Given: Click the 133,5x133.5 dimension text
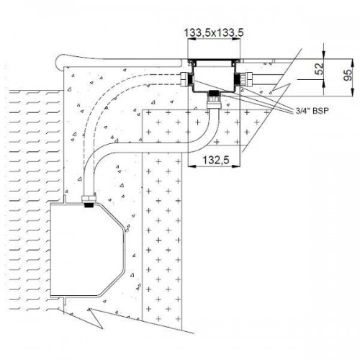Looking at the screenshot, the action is [214, 33].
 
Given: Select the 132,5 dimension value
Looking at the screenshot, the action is [216, 160].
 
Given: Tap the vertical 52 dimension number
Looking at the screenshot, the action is [319, 68].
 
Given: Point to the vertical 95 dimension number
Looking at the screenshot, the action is [348, 75].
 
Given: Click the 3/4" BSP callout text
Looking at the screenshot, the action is [312, 111].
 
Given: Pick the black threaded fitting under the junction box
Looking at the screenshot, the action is [213, 93].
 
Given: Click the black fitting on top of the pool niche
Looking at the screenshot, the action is [89, 204].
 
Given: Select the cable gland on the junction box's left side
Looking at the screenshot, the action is [185, 79].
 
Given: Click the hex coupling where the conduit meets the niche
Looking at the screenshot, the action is [89, 199].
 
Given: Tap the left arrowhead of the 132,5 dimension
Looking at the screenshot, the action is [191, 166].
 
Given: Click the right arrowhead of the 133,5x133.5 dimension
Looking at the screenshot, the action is [237, 40].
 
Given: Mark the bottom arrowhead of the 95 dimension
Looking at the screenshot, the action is [353, 92].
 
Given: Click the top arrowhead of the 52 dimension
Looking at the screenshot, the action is [324, 55].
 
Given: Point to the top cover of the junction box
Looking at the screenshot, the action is [214, 59].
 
